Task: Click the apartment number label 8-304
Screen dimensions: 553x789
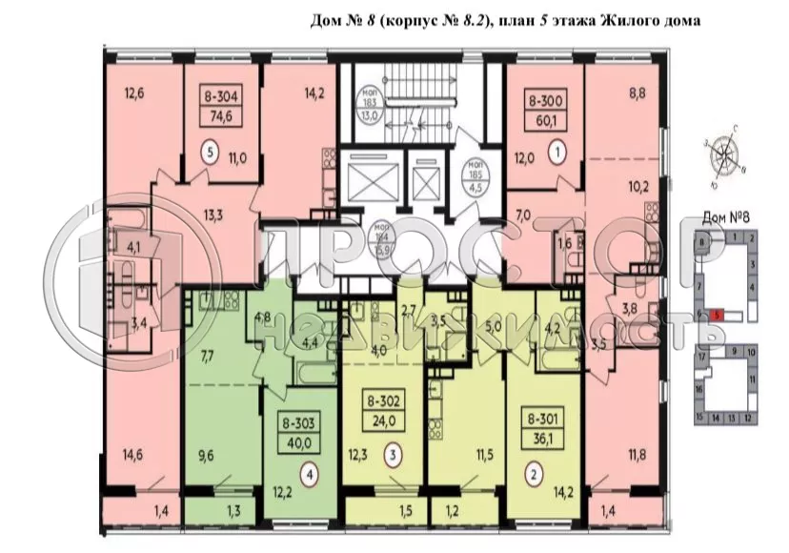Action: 221,95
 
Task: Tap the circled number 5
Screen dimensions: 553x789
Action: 210,151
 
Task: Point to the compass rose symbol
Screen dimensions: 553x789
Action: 726,154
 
